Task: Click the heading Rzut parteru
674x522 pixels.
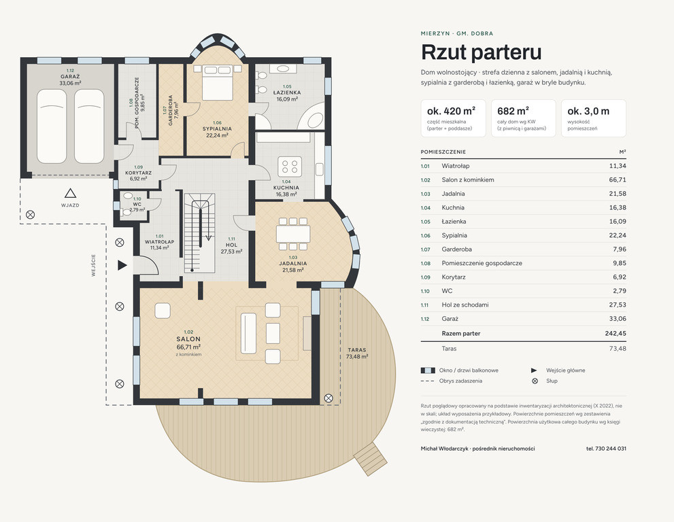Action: pyautogui.click(x=481, y=52)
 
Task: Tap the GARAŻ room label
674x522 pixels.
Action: pyautogui.click(x=70, y=77)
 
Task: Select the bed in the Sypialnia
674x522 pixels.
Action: pyautogui.click(x=218, y=82)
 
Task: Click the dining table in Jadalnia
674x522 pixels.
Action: pyautogui.click(x=292, y=234)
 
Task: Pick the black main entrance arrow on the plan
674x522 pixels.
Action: pyautogui.click(x=122, y=265)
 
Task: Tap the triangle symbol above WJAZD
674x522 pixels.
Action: pyautogui.click(x=71, y=193)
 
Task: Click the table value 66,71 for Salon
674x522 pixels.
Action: pyautogui.click(x=618, y=179)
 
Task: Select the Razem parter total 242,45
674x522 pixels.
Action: pyautogui.click(x=616, y=334)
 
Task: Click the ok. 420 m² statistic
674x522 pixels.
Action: pyautogui.click(x=451, y=111)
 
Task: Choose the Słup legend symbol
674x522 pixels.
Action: pyautogui.click(x=535, y=381)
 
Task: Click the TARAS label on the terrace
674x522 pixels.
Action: pyautogui.click(x=357, y=350)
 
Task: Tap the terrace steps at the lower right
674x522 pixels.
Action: pyautogui.click(x=371, y=459)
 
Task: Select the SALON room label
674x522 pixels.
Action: pyautogui.click(x=188, y=339)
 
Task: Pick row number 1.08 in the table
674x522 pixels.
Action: pyautogui.click(x=425, y=263)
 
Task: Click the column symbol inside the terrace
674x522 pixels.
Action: pyautogui.click(x=328, y=398)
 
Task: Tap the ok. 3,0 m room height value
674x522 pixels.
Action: pyautogui.click(x=588, y=111)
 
